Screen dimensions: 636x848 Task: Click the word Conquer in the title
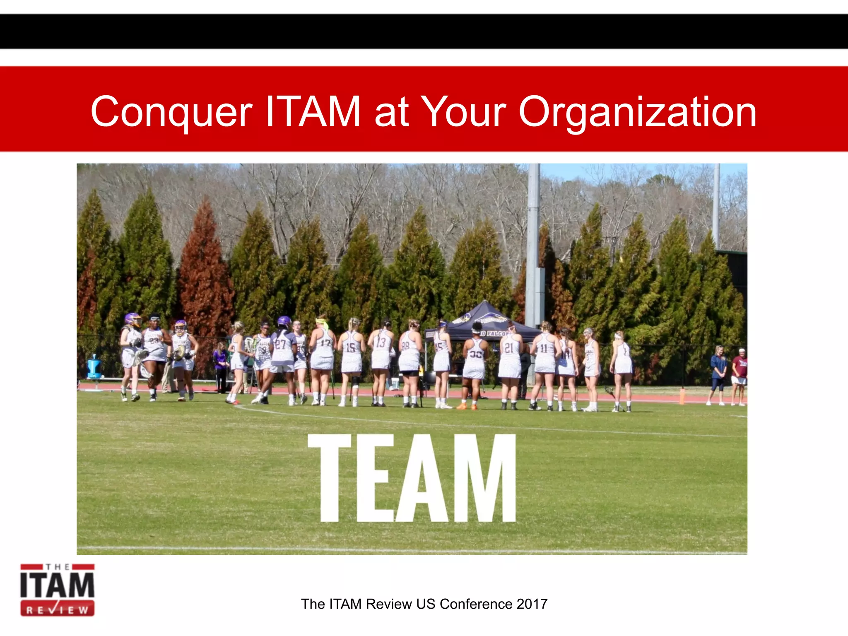[x=171, y=112]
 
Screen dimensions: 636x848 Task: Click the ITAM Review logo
[x=57, y=590]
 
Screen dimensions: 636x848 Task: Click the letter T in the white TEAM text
[x=330, y=478]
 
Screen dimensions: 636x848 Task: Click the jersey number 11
[x=543, y=348]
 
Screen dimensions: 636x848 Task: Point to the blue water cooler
[x=94, y=366]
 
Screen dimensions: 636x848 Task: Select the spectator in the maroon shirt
[x=739, y=369]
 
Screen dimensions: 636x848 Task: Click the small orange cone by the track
[x=682, y=396]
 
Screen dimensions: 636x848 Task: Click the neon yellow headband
[x=322, y=321]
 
